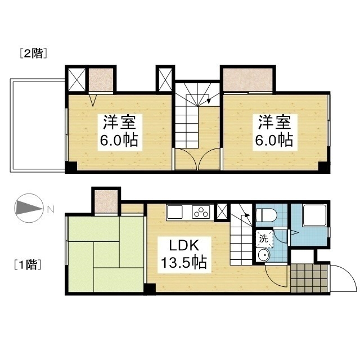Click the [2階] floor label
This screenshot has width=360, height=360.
point(34,53)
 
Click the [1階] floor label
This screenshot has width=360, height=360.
point(28,264)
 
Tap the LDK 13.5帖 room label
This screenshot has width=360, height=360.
point(184,254)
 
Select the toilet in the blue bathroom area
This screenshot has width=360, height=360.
point(266,215)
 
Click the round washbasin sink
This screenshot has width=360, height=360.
point(263,255)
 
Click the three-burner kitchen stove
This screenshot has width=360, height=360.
point(201,211)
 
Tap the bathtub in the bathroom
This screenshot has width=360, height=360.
point(314,215)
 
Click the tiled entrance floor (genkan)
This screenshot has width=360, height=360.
point(309,278)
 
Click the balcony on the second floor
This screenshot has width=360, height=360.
point(38,125)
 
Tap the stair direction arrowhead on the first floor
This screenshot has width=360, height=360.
point(247,215)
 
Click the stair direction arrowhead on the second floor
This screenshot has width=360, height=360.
point(209,101)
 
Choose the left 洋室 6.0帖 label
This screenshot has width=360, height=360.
point(120,133)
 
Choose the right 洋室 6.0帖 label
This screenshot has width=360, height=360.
point(275,133)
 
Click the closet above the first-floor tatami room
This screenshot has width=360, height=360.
point(106,201)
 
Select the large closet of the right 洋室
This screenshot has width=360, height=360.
point(248,80)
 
